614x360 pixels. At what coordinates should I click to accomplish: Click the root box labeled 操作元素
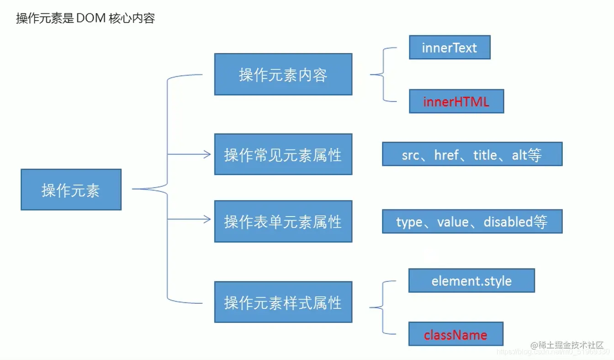(71, 190)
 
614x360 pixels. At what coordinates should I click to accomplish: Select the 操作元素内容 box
(283, 74)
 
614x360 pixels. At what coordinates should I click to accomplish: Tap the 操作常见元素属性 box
(283, 155)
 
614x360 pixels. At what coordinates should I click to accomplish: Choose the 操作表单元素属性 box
(283, 222)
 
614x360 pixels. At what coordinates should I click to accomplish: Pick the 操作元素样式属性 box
(283, 302)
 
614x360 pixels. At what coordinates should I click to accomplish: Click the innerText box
(450, 48)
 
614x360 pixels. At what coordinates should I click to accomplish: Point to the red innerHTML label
(456, 102)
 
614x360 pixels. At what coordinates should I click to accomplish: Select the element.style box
(471, 281)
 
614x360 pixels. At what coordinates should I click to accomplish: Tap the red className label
(455, 335)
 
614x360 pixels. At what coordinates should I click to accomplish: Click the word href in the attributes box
(446, 155)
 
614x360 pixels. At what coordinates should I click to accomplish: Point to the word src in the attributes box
(410, 155)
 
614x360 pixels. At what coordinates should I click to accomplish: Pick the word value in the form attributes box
(452, 222)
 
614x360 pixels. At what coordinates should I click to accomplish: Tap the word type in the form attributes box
(409, 222)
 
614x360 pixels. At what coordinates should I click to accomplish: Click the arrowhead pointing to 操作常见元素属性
(208, 154)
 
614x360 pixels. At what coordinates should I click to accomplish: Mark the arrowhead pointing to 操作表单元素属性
(208, 220)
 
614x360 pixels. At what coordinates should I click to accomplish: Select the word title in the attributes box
(485, 155)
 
